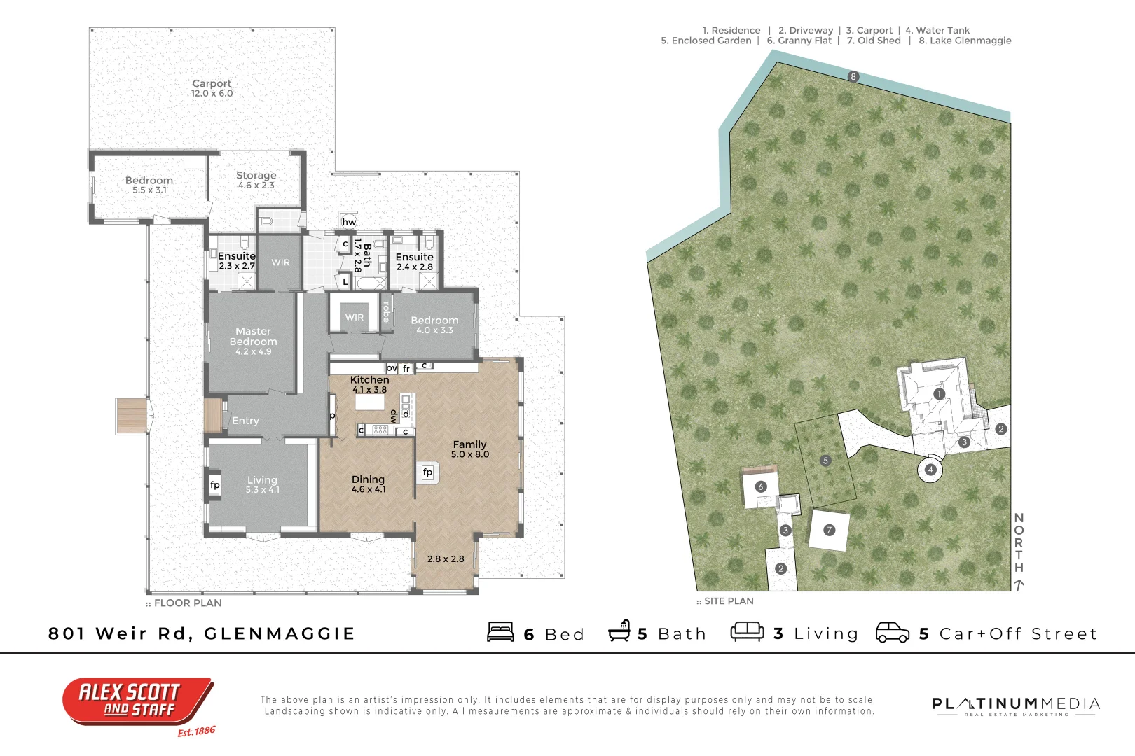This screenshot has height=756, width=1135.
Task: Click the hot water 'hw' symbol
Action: tap(349, 222)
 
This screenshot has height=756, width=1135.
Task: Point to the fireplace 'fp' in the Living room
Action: tap(215, 485)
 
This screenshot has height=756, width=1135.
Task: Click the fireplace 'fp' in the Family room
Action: tap(427, 472)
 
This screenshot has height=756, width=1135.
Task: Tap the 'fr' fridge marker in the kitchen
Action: tap(406, 369)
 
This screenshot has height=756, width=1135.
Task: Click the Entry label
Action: tap(246, 421)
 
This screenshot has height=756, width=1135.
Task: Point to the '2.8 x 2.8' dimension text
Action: tap(446, 559)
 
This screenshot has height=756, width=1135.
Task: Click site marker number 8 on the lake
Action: tap(853, 77)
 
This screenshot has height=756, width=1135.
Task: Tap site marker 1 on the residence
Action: tap(940, 394)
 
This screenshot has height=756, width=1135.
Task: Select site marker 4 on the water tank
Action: tap(930, 470)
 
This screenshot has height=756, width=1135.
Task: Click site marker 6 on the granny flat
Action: tap(761, 487)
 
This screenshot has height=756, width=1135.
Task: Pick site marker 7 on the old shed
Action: tap(829, 530)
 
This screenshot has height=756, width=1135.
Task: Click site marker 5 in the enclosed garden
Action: tap(826, 461)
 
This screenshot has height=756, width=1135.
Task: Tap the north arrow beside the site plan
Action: tap(1019, 585)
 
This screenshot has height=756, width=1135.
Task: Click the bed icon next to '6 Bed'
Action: tap(501, 632)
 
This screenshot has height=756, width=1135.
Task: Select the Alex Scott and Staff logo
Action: tap(138, 703)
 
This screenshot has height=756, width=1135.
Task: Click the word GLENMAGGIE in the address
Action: tap(280, 633)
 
